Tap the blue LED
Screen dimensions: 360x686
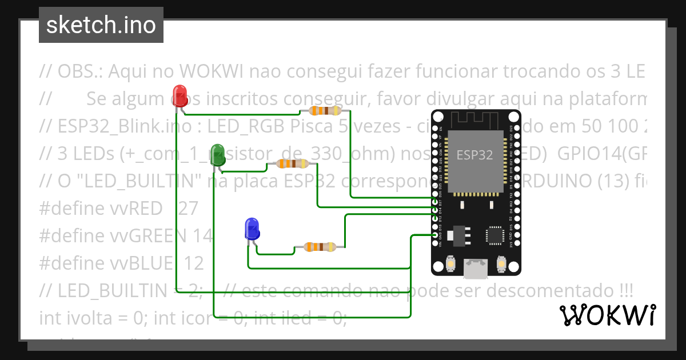252,228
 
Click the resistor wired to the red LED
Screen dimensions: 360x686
325,110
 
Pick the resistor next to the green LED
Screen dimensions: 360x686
293,164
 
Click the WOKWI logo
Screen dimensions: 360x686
607,315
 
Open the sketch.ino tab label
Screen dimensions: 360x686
101,25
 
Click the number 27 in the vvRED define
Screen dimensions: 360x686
188,209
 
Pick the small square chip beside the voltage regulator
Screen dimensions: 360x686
494,235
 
